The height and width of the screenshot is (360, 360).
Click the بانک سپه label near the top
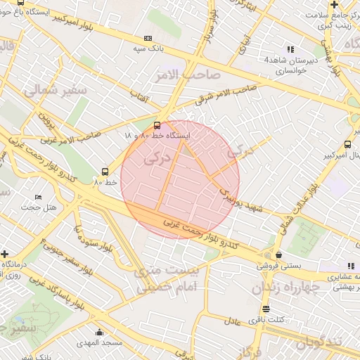(x=148, y=49)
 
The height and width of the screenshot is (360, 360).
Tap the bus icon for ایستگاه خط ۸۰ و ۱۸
(x=157, y=126)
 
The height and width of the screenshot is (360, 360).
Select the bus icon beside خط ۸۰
(x=105, y=171)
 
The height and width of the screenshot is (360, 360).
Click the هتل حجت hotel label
(x=39, y=207)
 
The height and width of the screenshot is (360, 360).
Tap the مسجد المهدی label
(x=99, y=342)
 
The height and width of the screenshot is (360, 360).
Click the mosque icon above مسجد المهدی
(x=99, y=333)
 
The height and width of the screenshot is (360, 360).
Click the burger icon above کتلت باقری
(x=265, y=309)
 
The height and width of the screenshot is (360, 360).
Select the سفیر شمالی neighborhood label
(x=54, y=90)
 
